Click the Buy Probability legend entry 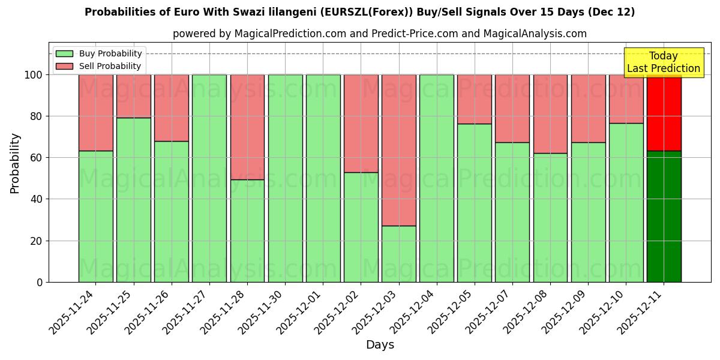98,53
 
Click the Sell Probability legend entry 98,66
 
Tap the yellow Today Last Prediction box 663,62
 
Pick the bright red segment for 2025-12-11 664,113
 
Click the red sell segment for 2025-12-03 399,150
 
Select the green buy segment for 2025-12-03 399,254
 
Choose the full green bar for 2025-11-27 209,178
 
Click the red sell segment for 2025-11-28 247,127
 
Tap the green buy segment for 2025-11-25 133,200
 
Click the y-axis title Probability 15,163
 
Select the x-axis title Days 380,345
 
